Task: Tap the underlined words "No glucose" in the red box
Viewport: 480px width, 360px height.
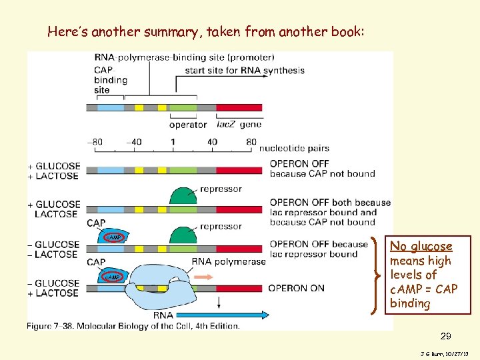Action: coord(421,247)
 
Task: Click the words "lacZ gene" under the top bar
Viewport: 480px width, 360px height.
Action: coord(239,124)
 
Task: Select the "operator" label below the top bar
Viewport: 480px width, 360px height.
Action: coord(188,124)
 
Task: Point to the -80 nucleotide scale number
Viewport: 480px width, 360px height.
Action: coord(97,141)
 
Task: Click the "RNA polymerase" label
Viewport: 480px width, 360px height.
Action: coord(229,261)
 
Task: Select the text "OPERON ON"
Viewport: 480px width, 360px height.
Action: coord(297,288)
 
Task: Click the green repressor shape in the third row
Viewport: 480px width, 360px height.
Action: coord(183,235)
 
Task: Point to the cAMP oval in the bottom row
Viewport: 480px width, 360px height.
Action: coord(111,277)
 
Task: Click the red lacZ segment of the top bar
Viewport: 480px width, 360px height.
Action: coord(239,107)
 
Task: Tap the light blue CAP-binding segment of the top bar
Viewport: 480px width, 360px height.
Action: coord(111,107)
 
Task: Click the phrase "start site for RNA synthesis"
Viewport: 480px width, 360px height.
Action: coord(245,70)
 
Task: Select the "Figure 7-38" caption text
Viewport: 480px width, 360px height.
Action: coord(133,325)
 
